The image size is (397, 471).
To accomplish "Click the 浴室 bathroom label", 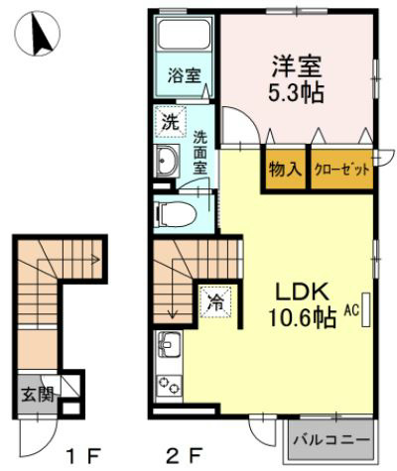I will coord(181,74).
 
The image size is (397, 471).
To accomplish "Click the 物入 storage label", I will coord(285,169).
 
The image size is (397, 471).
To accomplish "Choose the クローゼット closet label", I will coord(341,169).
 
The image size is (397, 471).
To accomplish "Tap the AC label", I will coord(350,309).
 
